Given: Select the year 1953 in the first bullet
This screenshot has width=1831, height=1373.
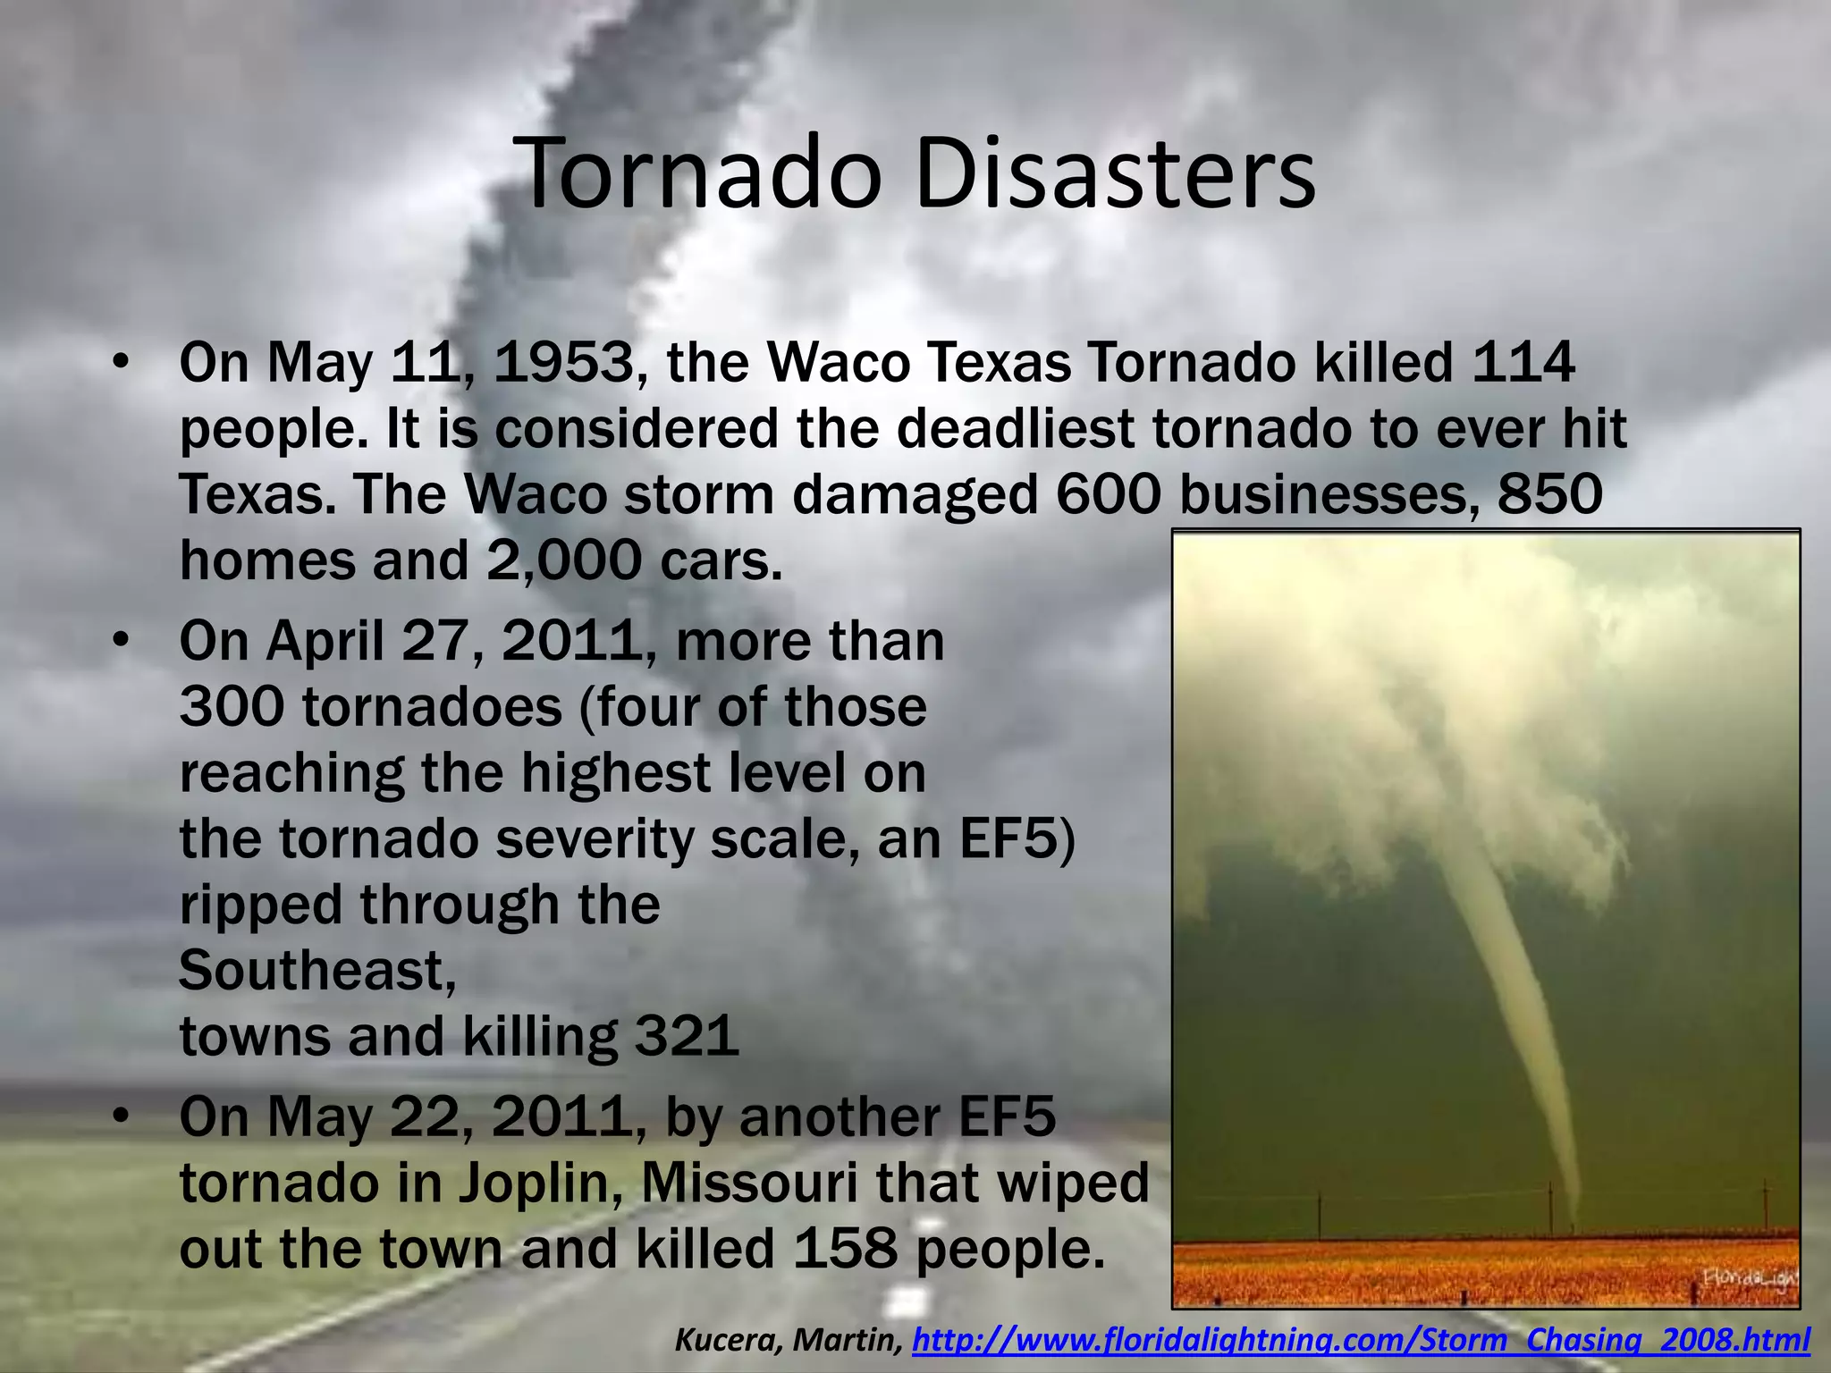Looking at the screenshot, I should coord(563,364).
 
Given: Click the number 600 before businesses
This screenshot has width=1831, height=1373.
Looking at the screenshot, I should coord(1108,494).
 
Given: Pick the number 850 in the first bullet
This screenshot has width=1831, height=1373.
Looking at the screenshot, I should coord(1550,494).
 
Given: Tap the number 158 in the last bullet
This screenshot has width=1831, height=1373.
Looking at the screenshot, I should coord(845,1249).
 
